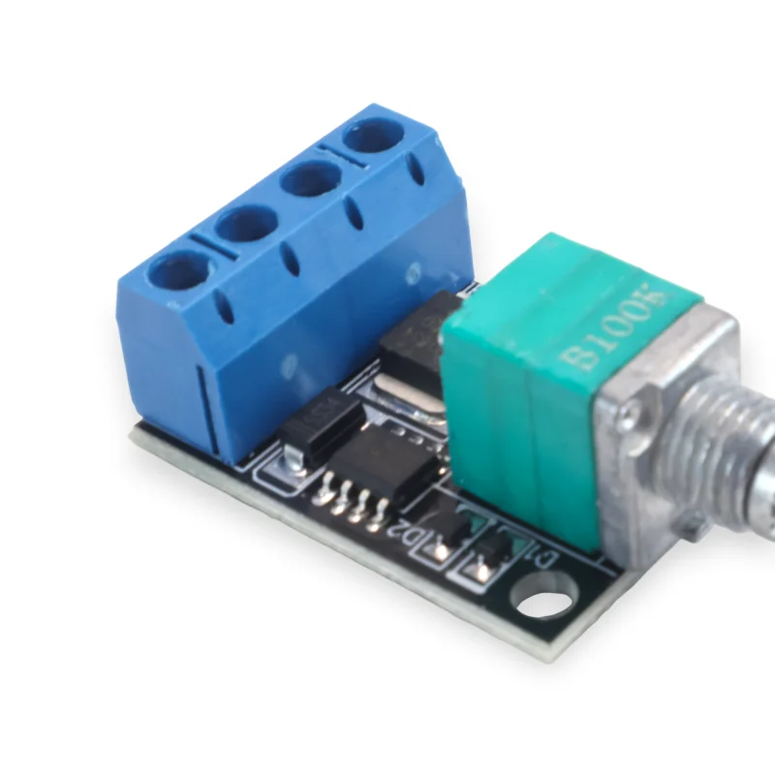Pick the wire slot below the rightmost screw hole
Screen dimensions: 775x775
click(417, 171)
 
